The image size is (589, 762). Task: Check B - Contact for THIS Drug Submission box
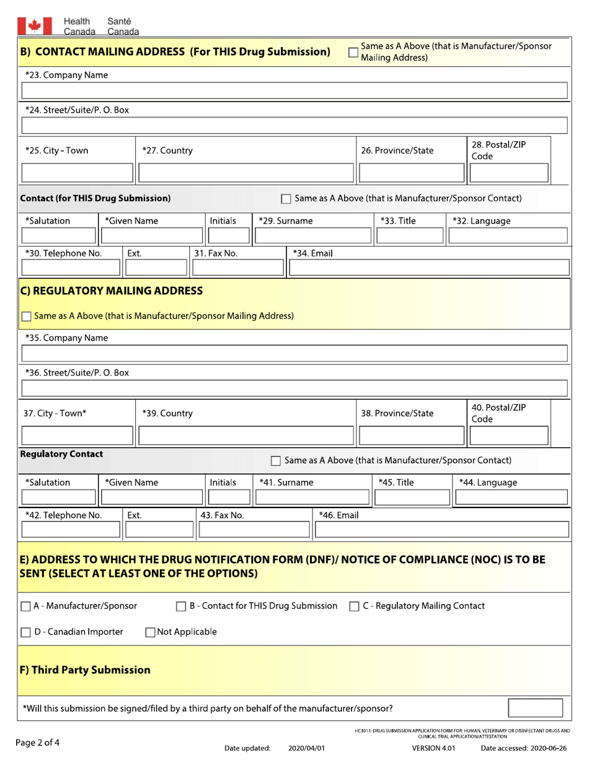(182, 606)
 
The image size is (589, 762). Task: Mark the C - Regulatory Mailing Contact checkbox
(353, 606)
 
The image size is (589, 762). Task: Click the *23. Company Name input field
(294, 92)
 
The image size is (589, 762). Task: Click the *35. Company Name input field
(294, 354)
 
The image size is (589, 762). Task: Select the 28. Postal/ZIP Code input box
(509, 173)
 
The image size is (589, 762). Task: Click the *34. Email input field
(428, 267)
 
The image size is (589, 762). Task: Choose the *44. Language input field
(511, 497)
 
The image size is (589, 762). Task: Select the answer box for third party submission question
(535, 707)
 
